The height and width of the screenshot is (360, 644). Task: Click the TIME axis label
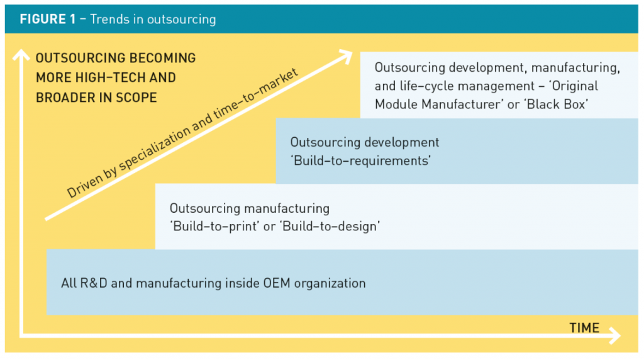pyautogui.click(x=584, y=327)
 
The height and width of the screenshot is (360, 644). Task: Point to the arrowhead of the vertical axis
pyautogui.click(x=21, y=55)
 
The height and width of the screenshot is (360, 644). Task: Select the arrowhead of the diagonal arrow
pyautogui.click(x=345, y=55)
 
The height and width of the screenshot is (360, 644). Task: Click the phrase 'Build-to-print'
pyautogui.click(x=214, y=226)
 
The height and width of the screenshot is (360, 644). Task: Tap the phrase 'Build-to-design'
pyautogui.click(x=330, y=226)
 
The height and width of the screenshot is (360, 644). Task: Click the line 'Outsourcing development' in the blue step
pyautogui.click(x=365, y=142)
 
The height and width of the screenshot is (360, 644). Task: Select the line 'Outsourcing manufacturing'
pyautogui.click(x=249, y=208)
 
